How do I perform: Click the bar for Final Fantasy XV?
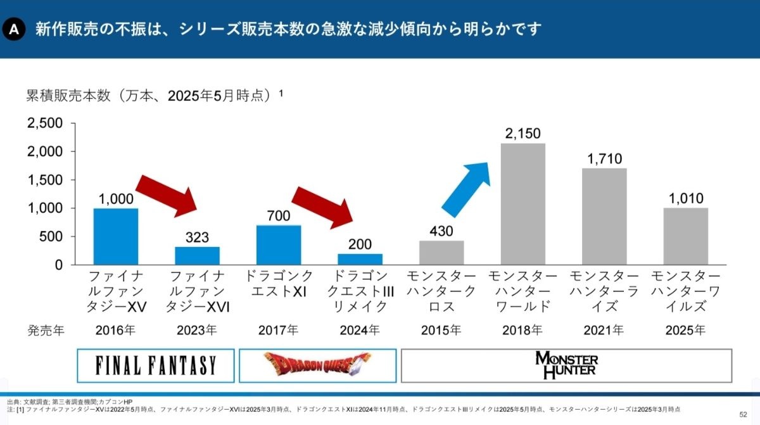click(x=115, y=236)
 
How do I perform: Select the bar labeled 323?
click(x=197, y=255)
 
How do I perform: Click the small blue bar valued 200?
click(x=360, y=259)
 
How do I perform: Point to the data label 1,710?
click(x=604, y=159)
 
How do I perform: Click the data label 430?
click(x=441, y=232)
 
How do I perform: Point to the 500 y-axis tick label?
click(x=53, y=237)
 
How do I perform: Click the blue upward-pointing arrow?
click(x=465, y=189)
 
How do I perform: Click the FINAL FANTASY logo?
click(x=156, y=365)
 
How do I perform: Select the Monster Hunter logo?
click(x=566, y=365)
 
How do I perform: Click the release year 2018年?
click(x=522, y=330)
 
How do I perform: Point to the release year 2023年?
click(x=197, y=330)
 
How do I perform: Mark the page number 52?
click(x=743, y=414)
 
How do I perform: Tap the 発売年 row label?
click(x=46, y=330)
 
